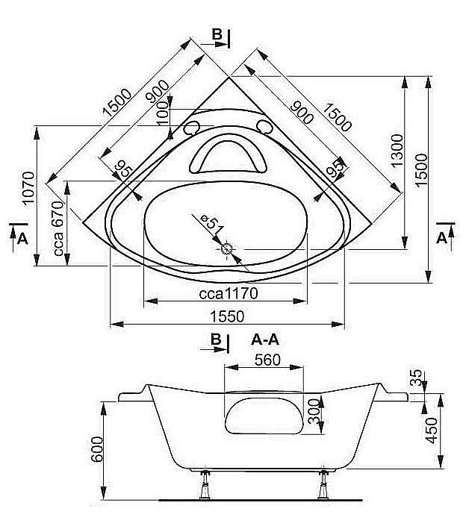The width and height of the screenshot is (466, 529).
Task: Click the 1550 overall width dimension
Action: point(227,316)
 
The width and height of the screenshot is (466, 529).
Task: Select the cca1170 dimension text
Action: point(229,293)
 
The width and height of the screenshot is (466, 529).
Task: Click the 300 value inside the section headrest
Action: point(314,411)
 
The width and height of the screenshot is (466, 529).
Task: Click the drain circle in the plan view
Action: point(227,249)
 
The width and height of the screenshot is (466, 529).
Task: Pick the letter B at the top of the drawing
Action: point(217,34)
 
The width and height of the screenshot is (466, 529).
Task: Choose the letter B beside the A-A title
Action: point(216,339)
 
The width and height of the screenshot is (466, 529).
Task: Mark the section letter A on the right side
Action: point(441,237)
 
